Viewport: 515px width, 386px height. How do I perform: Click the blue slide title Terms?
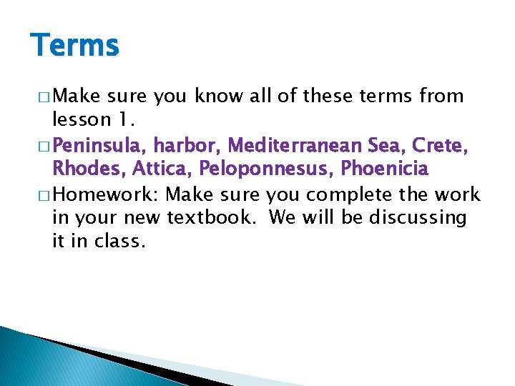click(x=75, y=46)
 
